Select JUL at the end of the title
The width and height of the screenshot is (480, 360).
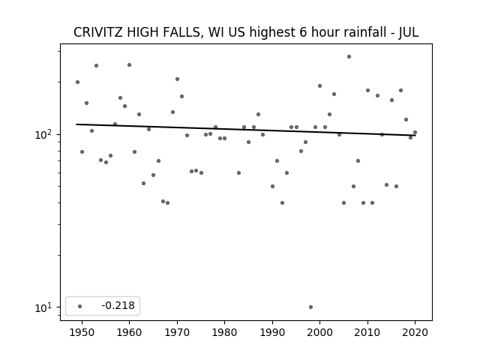408,32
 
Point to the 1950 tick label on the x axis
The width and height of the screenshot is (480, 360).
82,332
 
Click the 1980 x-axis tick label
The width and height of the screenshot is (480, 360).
224,332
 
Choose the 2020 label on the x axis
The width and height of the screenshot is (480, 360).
415,332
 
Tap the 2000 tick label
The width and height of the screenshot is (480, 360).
320,332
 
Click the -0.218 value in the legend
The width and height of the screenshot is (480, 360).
118,305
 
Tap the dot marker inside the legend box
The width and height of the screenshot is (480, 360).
80,306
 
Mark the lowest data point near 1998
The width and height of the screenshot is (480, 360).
310,307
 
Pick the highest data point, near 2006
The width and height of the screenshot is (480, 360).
349,57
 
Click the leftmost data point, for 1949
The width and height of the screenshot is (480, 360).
77,82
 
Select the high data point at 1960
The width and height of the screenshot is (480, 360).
129,65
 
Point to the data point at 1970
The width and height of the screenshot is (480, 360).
177,79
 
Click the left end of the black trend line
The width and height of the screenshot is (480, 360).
76,124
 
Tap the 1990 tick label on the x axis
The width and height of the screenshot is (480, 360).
272,332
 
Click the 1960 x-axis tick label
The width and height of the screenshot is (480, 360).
129,332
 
